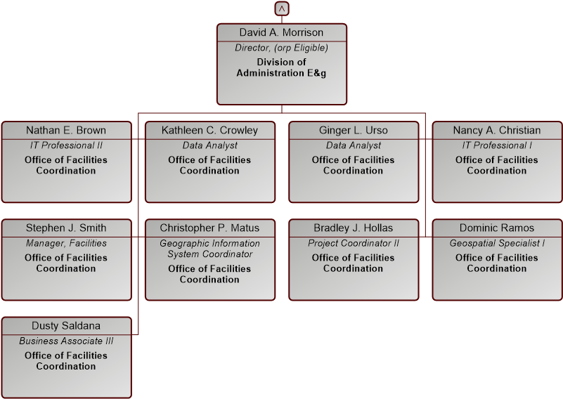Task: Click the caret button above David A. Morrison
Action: point(282,8)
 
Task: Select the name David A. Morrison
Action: point(281,32)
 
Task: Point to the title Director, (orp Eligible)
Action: point(281,48)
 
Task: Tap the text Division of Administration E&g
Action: point(281,67)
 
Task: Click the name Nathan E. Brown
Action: point(66,130)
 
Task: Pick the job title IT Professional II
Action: point(66,145)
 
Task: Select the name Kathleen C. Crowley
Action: point(209,130)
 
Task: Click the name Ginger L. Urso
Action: point(354,130)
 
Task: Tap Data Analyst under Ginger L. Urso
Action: point(354,145)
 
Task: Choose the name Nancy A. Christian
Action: point(497,130)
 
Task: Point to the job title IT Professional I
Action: point(497,145)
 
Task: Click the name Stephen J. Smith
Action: point(66,228)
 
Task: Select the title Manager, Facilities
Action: point(66,243)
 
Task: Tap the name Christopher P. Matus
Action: point(209,228)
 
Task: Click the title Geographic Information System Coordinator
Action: point(209,249)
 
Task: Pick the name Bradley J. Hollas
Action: point(354,228)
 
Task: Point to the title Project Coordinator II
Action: point(354,243)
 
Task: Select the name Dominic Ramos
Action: point(497,228)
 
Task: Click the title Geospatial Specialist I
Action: point(497,243)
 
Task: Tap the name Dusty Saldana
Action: point(66,326)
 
